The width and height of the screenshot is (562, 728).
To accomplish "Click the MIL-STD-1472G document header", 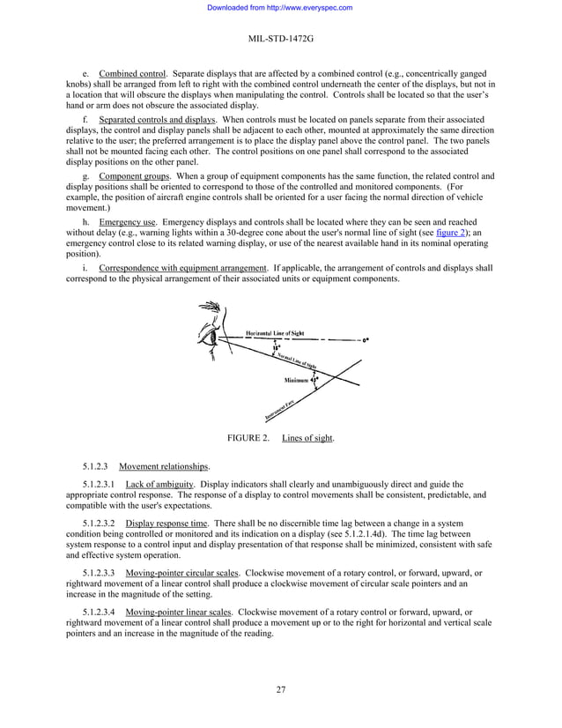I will click(x=280, y=40).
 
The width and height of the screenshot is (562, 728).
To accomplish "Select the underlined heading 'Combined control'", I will click(x=133, y=72).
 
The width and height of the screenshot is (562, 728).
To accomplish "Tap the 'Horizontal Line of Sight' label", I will click(x=275, y=333).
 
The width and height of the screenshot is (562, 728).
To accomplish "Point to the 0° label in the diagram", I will click(x=366, y=339).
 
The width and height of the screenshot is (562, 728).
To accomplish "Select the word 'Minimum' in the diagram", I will click(x=296, y=380).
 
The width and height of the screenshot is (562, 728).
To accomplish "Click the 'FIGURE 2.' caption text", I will click(x=248, y=438).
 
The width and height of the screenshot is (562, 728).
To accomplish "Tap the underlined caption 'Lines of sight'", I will click(x=307, y=438).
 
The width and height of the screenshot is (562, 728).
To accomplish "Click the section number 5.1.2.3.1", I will click(x=100, y=484).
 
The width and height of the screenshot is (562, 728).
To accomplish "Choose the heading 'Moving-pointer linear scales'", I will click(x=179, y=611).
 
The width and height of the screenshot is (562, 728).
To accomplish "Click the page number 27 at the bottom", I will click(x=280, y=689).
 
